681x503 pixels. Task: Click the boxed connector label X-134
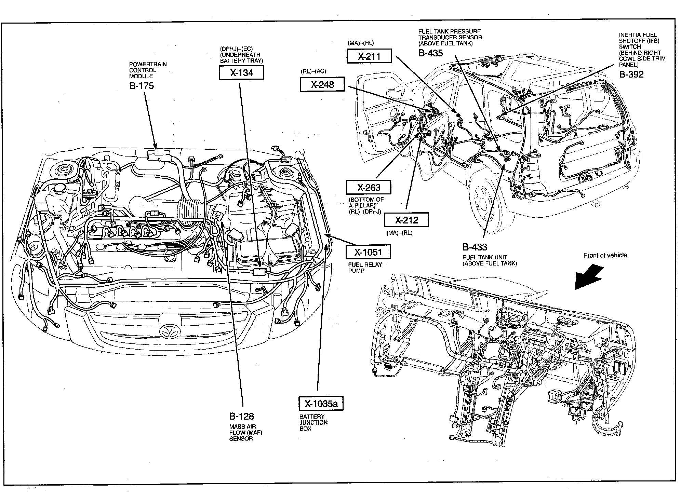[x=241, y=73]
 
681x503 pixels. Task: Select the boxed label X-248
[x=322, y=84]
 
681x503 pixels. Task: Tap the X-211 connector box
[x=369, y=56]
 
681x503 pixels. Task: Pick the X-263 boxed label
[x=369, y=187]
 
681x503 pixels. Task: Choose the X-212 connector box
[x=406, y=220]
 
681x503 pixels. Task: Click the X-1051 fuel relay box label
[x=368, y=252]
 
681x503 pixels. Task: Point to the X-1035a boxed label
[x=321, y=404]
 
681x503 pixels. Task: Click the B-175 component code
[x=142, y=86]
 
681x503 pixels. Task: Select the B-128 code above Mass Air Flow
[x=241, y=416]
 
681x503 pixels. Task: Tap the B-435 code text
[x=430, y=53]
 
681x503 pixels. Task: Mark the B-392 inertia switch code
[x=631, y=74]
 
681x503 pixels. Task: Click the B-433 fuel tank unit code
[x=475, y=247]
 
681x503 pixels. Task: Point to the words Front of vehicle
[x=605, y=255]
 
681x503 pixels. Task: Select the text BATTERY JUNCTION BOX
[x=313, y=422]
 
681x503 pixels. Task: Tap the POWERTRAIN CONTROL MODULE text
[x=143, y=70]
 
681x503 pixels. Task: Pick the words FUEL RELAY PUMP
[x=365, y=268]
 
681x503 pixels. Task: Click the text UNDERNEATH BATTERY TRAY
[x=241, y=58]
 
